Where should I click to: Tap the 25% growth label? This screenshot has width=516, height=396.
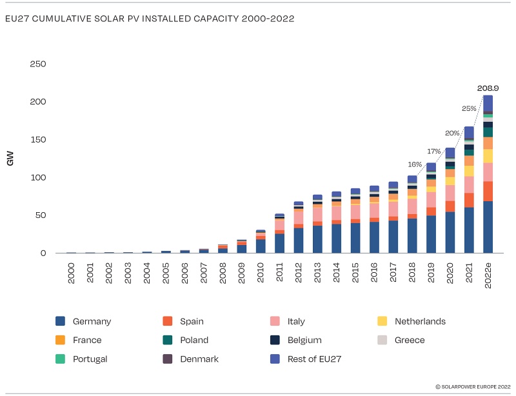pyautogui.click(x=469, y=108)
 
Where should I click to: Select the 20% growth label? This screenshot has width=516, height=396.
pyautogui.click(x=451, y=133)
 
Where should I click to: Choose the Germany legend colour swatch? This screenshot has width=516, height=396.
pyautogui.click(x=61, y=321)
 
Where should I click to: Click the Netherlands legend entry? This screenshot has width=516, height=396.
pyautogui.click(x=419, y=321)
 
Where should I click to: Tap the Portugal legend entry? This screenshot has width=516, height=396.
pyautogui.click(x=90, y=359)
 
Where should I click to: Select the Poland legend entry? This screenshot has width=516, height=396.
pyautogui.click(x=194, y=340)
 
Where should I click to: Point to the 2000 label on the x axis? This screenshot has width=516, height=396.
pyautogui.click(x=71, y=271)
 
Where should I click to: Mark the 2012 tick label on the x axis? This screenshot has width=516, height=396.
pyautogui.click(x=299, y=271)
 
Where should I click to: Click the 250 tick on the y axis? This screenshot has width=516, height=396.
pyautogui.click(x=38, y=64)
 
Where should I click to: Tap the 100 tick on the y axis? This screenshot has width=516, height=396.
pyautogui.click(x=38, y=177)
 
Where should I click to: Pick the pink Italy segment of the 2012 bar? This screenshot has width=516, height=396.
pyautogui.click(x=299, y=217)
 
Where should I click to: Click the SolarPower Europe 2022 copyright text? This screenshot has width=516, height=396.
pyautogui.click(x=473, y=386)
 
